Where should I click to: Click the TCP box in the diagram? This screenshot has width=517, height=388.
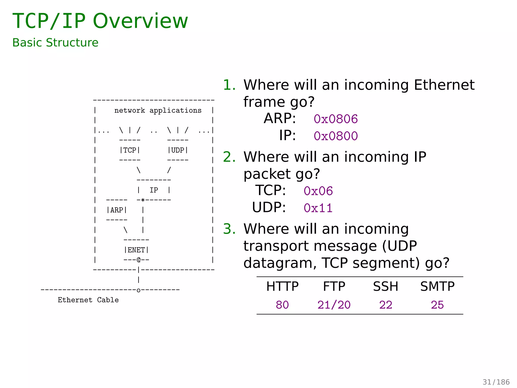pyautogui.click(x=130, y=150)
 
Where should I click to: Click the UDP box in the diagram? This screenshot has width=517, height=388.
pyautogui.click(x=178, y=150)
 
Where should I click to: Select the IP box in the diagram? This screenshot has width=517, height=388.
pyautogui.click(x=154, y=190)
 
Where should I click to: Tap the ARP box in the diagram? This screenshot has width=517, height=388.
pyautogui.click(x=117, y=210)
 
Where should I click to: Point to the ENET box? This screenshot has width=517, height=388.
pyautogui.click(x=136, y=250)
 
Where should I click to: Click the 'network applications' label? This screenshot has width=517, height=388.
pyautogui.click(x=158, y=110)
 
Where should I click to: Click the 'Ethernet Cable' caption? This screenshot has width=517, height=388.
pyautogui.click(x=88, y=300)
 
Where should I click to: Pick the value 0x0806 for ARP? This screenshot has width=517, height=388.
pyautogui.click(x=335, y=119)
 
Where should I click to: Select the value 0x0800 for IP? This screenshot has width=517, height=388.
pyautogui.click(x=335, y=136)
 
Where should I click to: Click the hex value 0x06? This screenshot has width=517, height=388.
pyautogui.click(x=318, y=191)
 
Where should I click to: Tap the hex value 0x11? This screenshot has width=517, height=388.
pyautogui.click(x=318, y=208)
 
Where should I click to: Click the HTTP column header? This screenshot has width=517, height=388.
pyautogui.click(x=282, y=286)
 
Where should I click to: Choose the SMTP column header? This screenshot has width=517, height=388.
pyautogui.click(x=437, y=286)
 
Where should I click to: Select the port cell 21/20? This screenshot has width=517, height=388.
pyautogui.click(x=334, y=305)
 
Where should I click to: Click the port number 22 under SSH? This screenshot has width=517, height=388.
pyautogui.click(x=385, y=305)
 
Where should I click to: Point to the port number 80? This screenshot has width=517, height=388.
pyautogui.click(x=282, y=305)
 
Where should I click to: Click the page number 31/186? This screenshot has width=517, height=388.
pyautogui.click(x=496, y=382)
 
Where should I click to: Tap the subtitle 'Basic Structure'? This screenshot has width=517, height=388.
pyautogui.click(x=55, y=42)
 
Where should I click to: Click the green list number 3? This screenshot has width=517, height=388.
pyautogui.click(x=229, y=229)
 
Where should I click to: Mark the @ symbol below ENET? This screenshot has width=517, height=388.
pyautogui.click(x=139, y=260)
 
